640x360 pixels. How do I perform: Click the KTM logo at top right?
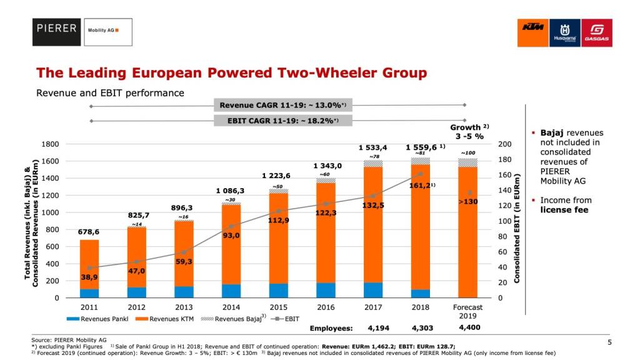point(532,32)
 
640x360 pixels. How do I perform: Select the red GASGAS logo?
point(596,32)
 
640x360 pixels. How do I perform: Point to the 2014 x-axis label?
point(231,307)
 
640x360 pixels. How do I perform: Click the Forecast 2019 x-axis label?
point(467,311)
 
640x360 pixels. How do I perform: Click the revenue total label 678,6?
point(89,231)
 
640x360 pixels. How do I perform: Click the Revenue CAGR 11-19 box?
point(279,105)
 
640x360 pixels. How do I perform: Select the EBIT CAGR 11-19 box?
point(279,120)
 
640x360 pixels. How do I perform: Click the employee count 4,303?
point(423,327)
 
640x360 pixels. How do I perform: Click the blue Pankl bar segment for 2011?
point(89,293)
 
